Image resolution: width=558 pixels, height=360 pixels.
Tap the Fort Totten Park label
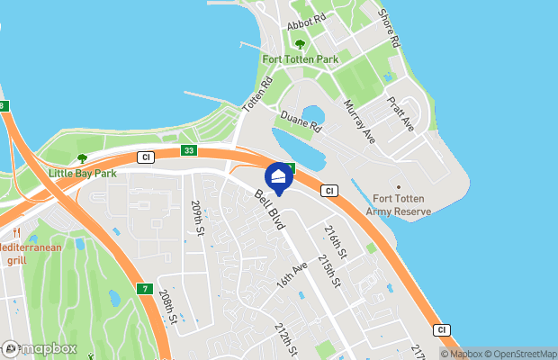point(299,59)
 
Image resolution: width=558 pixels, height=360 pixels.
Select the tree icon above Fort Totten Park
point(300,43)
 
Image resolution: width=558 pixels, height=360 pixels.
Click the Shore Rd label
point(389,29)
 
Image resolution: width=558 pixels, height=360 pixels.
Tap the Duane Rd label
point(300,122)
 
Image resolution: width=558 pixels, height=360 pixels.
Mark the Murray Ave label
point(358,121)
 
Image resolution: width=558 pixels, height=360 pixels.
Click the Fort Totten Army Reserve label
point(399,205)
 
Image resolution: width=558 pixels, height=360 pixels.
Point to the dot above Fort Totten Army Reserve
point(398,186)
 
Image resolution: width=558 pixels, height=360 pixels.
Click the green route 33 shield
point(187,151)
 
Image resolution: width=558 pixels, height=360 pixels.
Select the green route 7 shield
point(144,288)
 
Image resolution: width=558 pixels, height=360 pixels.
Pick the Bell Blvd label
point(269,209)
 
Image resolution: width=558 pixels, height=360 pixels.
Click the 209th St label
point(197,218)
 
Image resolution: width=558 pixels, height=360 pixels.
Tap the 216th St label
point(336,241)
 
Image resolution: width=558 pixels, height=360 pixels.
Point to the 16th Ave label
point(292,274)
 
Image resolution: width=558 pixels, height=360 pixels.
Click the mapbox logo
point(40,348)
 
